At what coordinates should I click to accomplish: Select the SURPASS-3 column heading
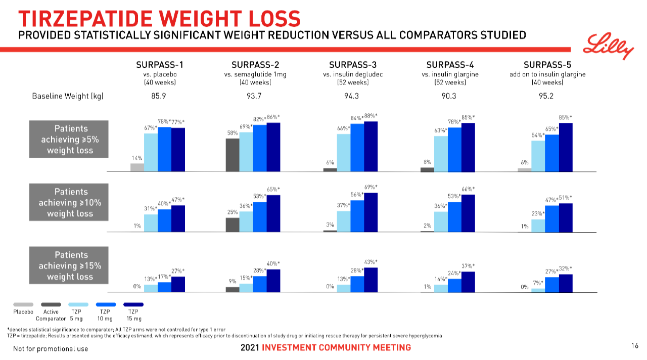(x=352, y=64)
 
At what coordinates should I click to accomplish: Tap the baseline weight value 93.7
(x=255, y=96)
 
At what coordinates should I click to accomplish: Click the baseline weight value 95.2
(x=547, y=96)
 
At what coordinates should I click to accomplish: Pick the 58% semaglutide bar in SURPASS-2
(x=233, y=155)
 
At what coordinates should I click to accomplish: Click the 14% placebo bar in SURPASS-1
(x=137, y=167)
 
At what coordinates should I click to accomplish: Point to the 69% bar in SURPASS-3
(x=371, y=212)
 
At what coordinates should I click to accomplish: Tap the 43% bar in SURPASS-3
(x=371, y=280)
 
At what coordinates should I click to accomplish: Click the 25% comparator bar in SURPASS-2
(x=233, y=224)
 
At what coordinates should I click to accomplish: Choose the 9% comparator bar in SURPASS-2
(x=233, y=289)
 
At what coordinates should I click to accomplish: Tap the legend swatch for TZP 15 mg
(x=134, y=304)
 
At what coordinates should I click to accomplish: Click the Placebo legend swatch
(x=23, y=304)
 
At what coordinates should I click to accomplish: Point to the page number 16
(x=635, y=346)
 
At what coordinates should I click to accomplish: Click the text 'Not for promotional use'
(x=51, y=348)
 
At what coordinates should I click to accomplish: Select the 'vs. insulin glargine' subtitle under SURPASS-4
(x=450, y=74)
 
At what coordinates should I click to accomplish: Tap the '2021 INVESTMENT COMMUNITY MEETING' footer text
(x=326, y=347)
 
